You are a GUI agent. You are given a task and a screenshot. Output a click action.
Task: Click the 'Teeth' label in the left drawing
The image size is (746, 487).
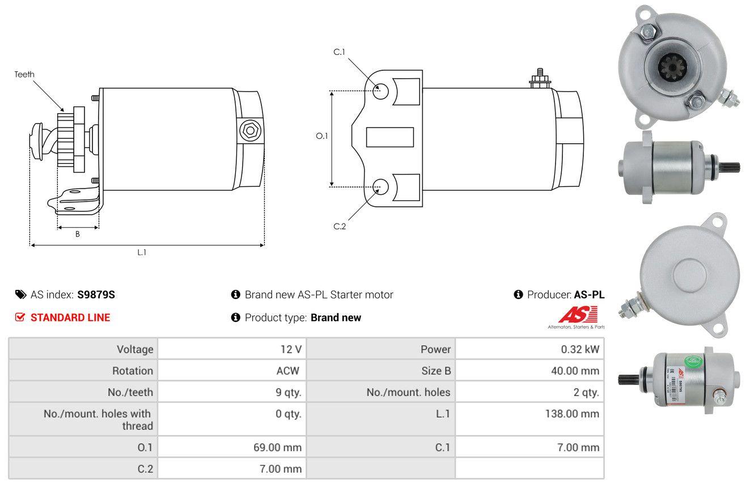(x=24, y=75)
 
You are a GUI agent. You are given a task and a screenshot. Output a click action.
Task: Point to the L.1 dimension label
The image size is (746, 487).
(x=142, y=253)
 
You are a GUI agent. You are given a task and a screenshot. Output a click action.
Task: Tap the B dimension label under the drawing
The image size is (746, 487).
(x=78, y=234)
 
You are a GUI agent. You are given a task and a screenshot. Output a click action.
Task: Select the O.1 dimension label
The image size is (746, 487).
(x=322, y=136)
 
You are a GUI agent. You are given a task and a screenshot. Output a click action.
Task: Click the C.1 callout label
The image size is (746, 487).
(x=340, y=52)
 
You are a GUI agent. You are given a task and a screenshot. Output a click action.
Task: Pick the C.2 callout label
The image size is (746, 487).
(x=340, y=227)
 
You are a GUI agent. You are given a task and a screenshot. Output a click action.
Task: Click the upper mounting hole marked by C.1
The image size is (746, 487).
(x=380, y=92)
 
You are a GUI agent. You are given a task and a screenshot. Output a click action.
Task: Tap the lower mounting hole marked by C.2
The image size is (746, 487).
(x=380, y=187)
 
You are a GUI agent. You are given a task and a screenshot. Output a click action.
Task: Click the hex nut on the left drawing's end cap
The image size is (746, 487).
(x=250, y=130)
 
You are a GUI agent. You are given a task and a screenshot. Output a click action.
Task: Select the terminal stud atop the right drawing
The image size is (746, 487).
(x=540, y=79)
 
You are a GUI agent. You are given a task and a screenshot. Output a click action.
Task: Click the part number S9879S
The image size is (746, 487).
(x=96, y=294)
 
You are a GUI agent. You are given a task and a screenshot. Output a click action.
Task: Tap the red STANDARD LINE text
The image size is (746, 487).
(x=70, y=318)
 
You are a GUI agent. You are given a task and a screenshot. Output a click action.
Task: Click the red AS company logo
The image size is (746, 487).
(x=578, y=315)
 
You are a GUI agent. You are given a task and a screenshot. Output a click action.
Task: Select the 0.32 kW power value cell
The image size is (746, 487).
(x=529, y=349)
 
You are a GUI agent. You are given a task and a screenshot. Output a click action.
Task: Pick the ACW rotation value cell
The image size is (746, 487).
(x=232, y=370)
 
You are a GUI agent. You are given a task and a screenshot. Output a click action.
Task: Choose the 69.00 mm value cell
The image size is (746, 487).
(x=232, y=447)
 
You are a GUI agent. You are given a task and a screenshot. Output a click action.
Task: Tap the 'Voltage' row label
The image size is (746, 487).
(x=135, y=349)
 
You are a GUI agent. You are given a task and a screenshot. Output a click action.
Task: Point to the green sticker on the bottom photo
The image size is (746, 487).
(x=693, y=361)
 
